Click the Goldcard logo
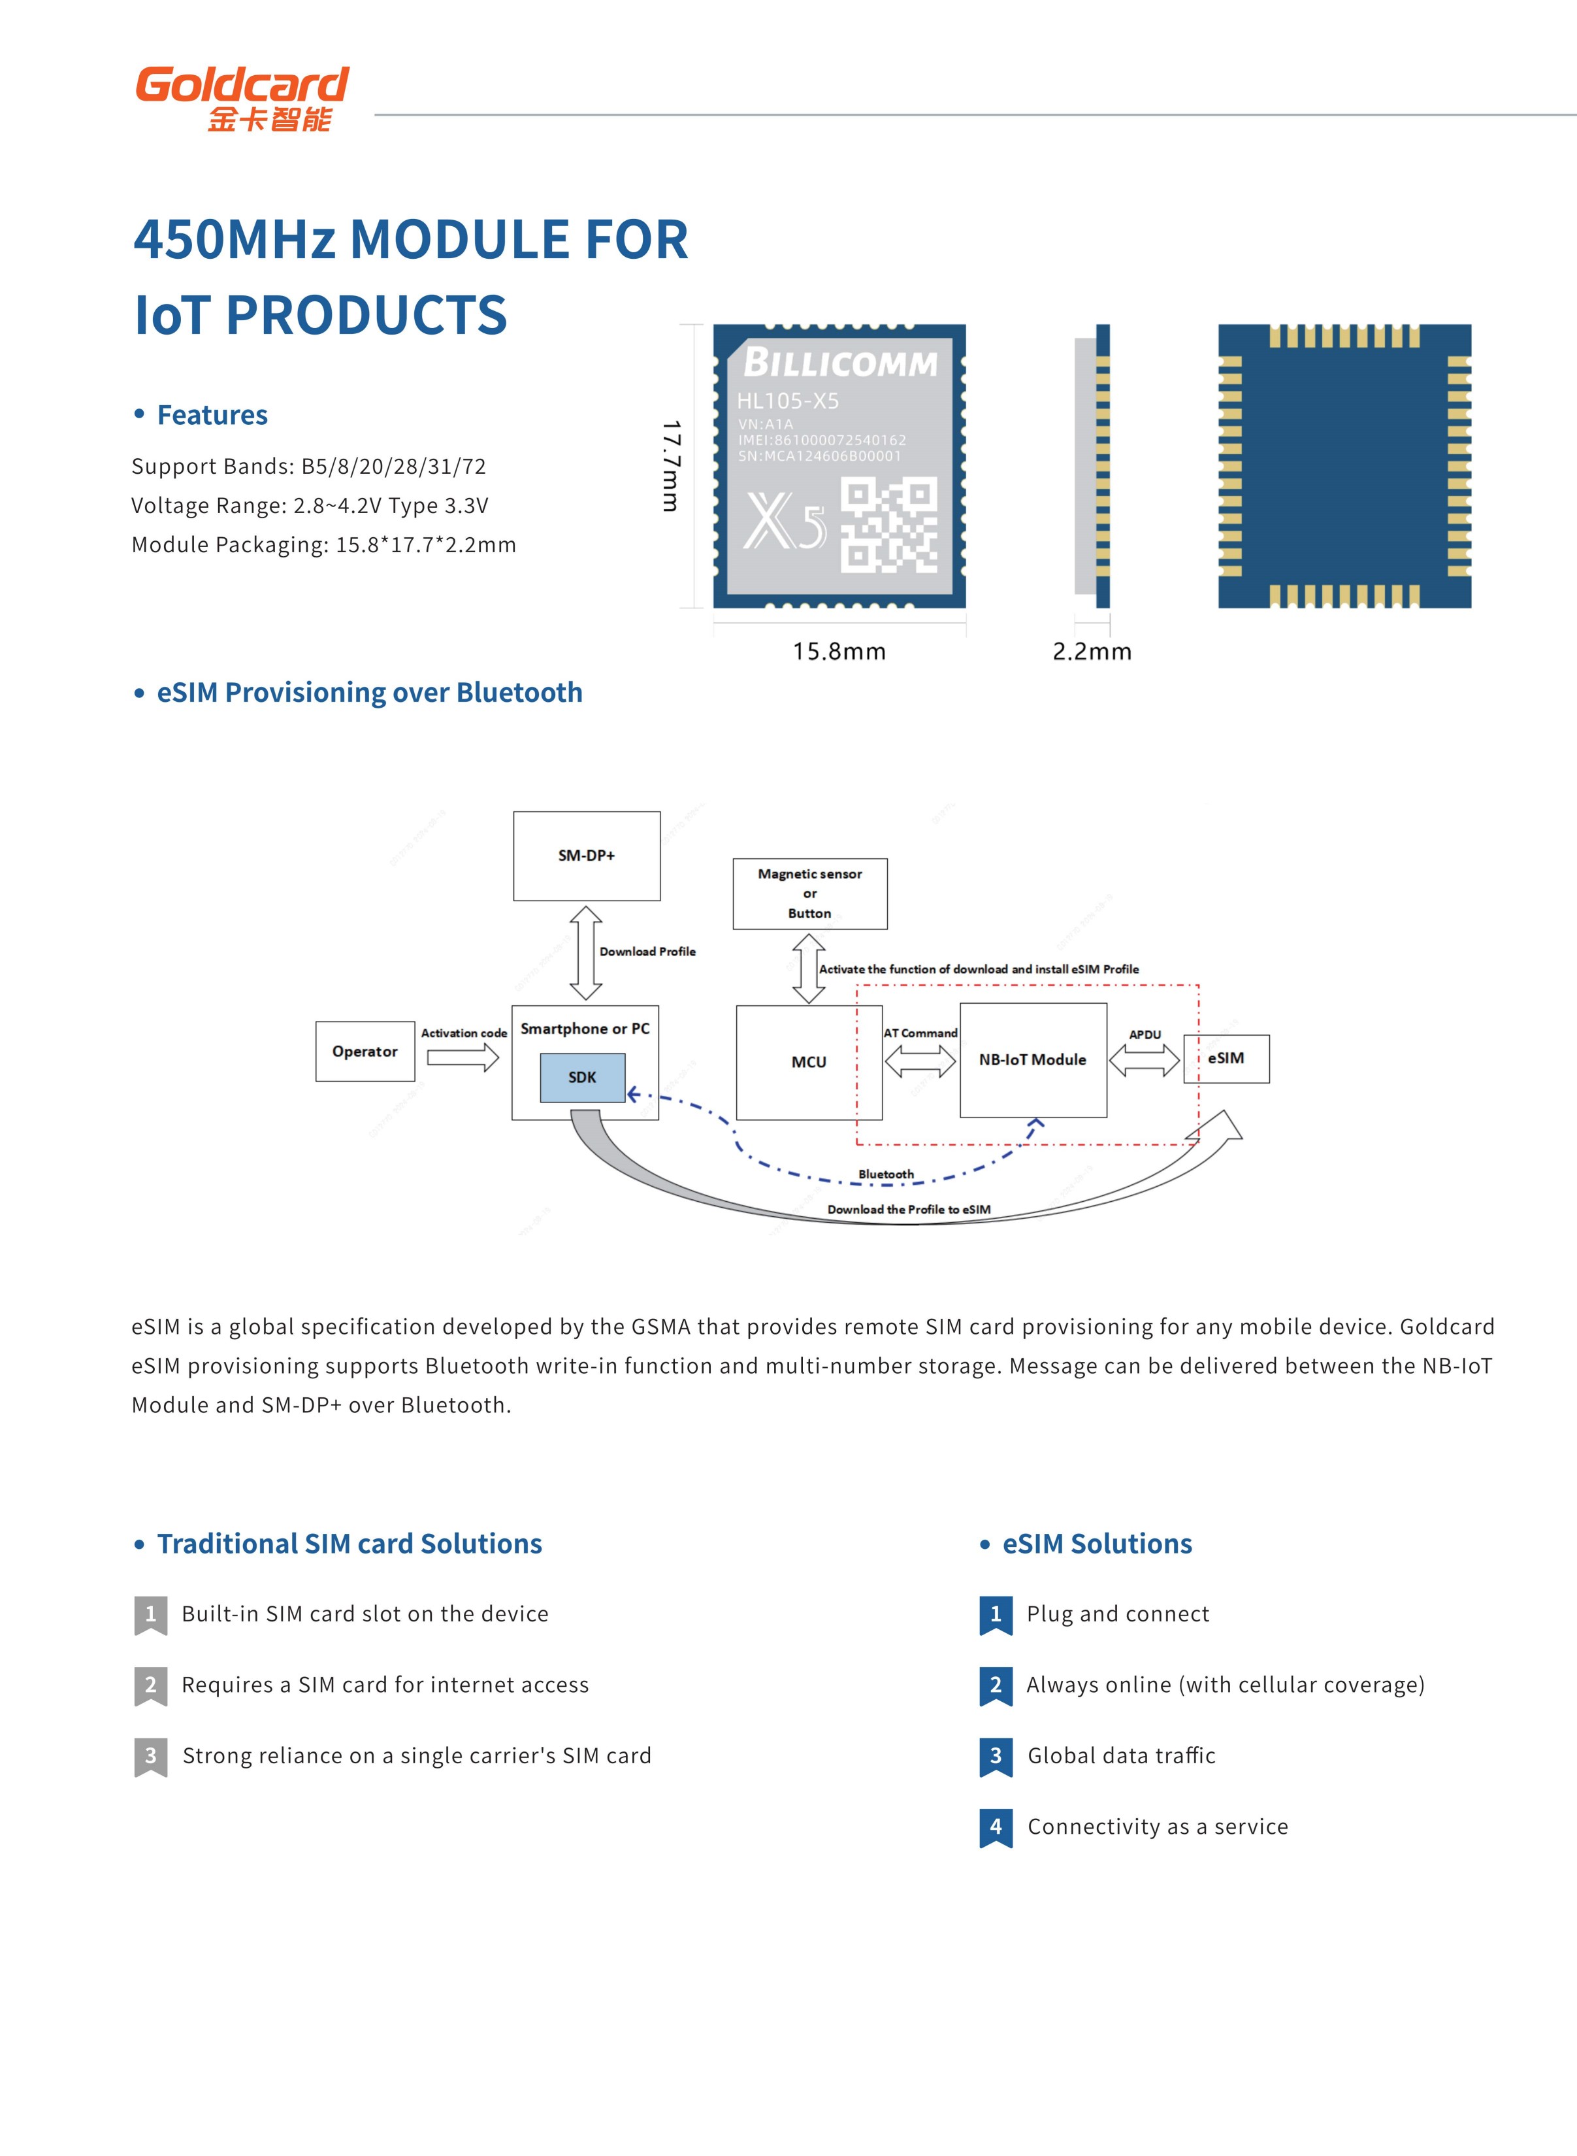[242, 97]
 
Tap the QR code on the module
[888, 525]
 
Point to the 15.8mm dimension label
[839, 651]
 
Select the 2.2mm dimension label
[1092, 651]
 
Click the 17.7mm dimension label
[671, 465]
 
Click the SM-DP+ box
[586, 855]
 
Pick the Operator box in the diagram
[365, 1052]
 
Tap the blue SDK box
[582, 1077]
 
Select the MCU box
[809, 1062]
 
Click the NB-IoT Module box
[1033, 1060]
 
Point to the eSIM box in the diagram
[1227, 1058]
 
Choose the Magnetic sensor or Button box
[809, 894]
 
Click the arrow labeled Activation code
[463, 1057]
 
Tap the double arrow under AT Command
[920, 1061]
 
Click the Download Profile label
[647, 951]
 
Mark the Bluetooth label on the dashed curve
[886, 1174]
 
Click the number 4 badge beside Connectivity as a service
[996, 1827]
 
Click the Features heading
[212, 416]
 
